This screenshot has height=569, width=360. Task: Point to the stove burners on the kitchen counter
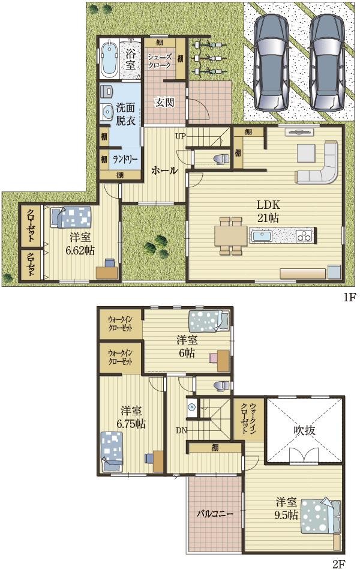coord(304,235)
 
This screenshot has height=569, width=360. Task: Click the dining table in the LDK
coord(231,236)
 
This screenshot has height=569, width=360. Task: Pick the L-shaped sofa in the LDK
coord(319,163)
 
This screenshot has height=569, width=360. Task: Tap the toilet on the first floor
coord(220,159)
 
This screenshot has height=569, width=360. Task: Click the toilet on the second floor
coord(221,385)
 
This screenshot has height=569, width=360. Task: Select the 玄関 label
coord(165,103)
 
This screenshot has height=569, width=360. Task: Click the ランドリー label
coord(124,160)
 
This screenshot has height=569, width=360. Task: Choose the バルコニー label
coord(215,514)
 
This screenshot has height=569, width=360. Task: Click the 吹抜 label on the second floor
coord(304,430)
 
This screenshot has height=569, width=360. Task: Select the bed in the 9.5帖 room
coord(321,516)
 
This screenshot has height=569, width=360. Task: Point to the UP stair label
coord(181,137)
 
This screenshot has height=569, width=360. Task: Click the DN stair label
coord(181,431)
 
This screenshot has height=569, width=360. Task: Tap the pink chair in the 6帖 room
coord(213,358)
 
